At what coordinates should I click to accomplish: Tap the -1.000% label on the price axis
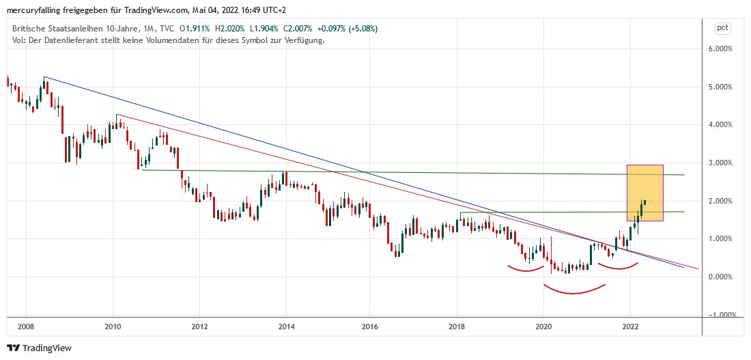pyautogui.click(x=722, y=315)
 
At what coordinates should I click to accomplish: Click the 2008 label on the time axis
pyautogui.click(x=27, y=327)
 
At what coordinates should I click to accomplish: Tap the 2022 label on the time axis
pyautogui.click(x=630, y=327)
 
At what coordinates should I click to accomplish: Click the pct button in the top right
pyautogui.click(x=722, y=28)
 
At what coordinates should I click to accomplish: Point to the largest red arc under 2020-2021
pyautogui.click(x=574, y=291)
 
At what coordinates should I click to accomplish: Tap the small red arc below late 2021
pyautogui.click(x=618, y=267)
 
